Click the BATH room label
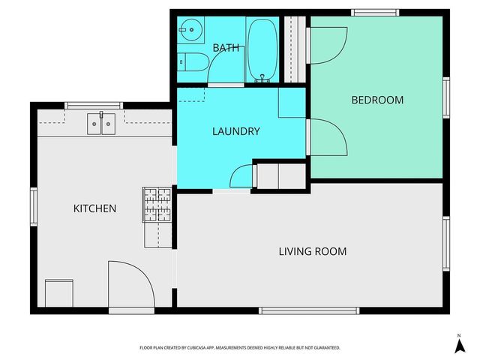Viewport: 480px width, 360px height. point(226,48)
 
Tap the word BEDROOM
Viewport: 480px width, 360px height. point(377,100)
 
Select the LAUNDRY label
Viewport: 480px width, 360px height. point(235,131)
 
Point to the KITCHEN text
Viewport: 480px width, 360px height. point(94,208)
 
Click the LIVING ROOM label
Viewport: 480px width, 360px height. point(312,251)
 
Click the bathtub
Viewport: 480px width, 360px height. point(262,49)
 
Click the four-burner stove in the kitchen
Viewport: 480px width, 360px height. point(157,205)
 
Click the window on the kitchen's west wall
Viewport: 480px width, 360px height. point(33,205)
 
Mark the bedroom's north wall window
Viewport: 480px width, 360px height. point(375,12)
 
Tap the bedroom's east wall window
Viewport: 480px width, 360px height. point(445,97)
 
